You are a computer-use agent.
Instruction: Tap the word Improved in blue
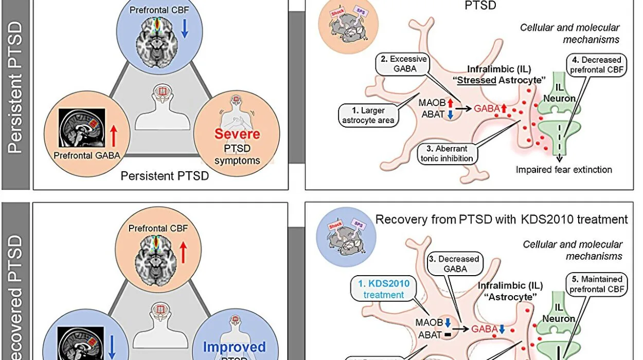[234, 347]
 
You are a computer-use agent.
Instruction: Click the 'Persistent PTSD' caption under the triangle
[164, 177]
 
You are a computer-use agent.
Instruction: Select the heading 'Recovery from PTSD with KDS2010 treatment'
[502, 220]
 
